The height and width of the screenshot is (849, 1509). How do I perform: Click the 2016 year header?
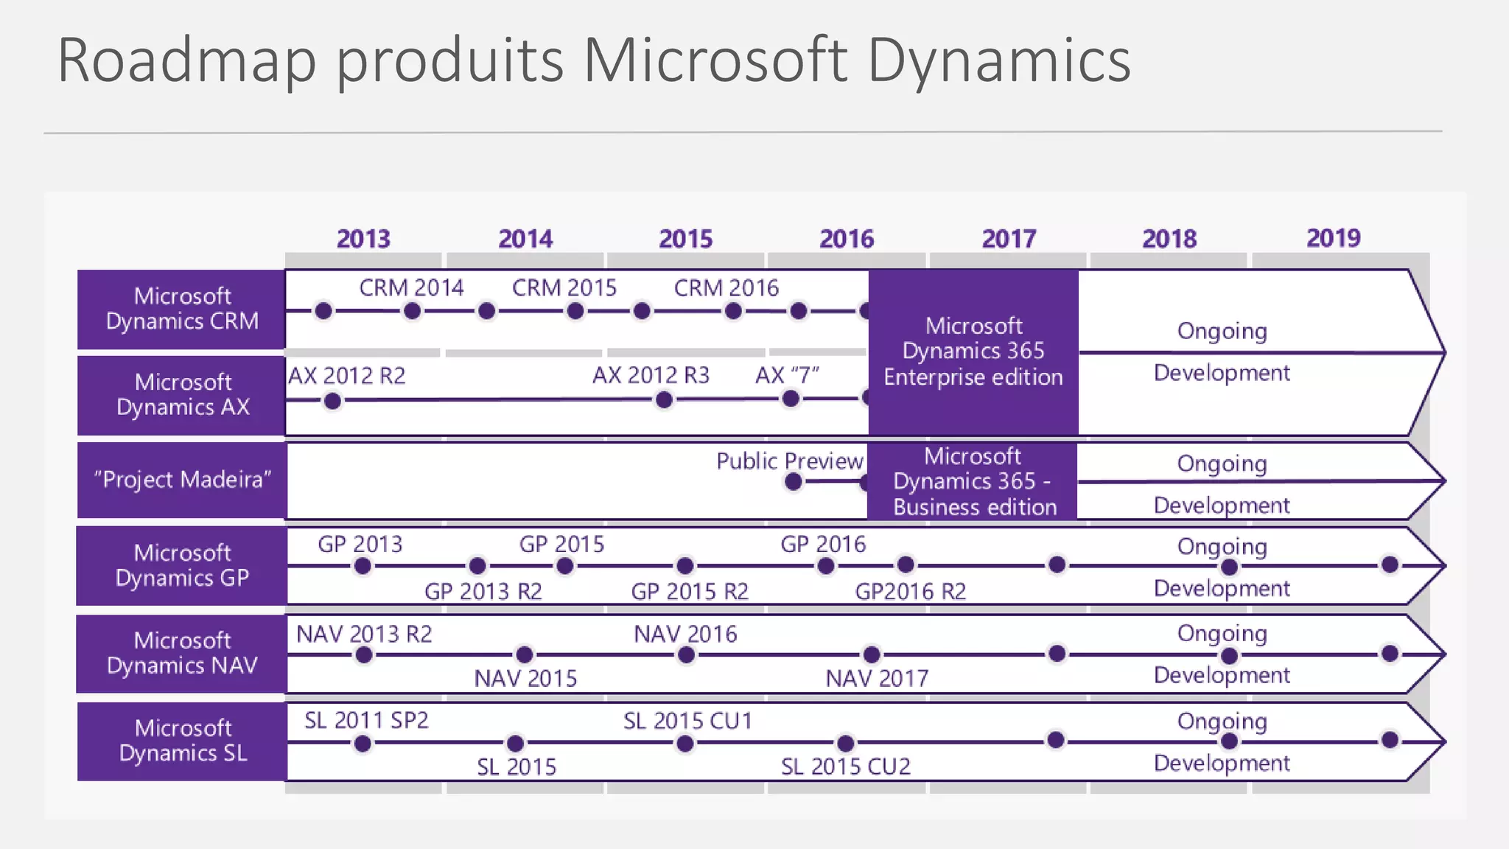[847, 239]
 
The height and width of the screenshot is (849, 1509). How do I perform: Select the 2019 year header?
[1333, 238]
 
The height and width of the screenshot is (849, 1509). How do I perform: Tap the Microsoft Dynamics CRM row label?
[182, 309]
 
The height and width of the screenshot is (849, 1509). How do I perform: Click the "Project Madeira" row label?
[182, 480]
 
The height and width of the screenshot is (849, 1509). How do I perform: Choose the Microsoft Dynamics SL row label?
[183, 741]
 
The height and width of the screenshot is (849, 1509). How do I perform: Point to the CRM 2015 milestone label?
[564, 288]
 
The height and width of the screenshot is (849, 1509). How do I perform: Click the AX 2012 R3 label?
[651, 375]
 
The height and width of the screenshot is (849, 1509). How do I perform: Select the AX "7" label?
[787, 375]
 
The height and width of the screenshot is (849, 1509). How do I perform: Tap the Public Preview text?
[789, 461]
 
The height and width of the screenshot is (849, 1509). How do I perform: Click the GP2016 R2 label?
[910, 591]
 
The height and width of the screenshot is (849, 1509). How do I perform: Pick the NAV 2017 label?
[877, 678]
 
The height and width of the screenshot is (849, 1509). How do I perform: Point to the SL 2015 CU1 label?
[687, 721]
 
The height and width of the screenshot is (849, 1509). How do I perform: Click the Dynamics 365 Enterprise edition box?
[973, 352]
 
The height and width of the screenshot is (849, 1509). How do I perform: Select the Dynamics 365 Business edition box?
[973, 481]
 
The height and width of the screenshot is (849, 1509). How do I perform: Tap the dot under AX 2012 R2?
[332, 401]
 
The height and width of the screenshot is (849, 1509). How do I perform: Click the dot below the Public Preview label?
[793, 482]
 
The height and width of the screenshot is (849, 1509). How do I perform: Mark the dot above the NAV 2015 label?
[524, 654]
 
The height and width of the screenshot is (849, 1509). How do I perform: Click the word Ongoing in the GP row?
[1222, 547]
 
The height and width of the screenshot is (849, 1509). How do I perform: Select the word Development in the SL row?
[1222, 764]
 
